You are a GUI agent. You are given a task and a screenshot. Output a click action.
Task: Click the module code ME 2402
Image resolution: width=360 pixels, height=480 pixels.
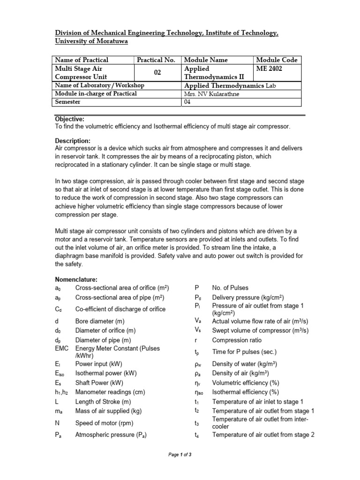pyautogui.click(x=269, y=68)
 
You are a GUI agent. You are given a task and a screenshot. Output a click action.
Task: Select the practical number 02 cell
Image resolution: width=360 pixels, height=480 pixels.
pyautogui.click(x=157, y=73)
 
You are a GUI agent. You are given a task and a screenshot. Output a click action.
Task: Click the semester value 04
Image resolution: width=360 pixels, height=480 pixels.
pyautogui.click(x=188, y=102)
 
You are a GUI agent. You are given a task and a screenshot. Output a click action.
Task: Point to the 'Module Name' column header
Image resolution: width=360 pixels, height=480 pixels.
pyautogui.click(x=206, y=60)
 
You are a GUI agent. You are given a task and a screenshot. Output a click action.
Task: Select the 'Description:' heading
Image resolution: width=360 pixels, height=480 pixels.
pyautogui.click(x=73, y=141)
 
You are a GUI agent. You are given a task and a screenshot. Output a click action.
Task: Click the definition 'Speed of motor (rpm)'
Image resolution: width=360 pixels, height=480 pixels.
pyautogui.click(x=105, y=421)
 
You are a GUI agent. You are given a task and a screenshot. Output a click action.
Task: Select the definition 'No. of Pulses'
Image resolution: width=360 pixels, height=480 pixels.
pyautogui.click(x=230, y=288)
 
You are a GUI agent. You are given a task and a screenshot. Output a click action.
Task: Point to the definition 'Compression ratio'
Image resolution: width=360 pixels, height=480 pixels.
pyautogui.click(x=237, y=340)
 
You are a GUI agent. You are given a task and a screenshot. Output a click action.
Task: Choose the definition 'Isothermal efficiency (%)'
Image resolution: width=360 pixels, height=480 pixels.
pyautogui.click(x=245, y=392)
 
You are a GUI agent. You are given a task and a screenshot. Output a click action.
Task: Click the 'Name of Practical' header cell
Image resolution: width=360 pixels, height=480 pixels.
pyautogui.click(x=82, y=60)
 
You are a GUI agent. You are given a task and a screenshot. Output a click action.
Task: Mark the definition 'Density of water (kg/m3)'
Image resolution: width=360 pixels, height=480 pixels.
pyautogui.click(x=244, y=364)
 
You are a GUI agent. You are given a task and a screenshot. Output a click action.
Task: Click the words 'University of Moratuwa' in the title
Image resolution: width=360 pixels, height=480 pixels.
pyautogui.click(x=91, y=41)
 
